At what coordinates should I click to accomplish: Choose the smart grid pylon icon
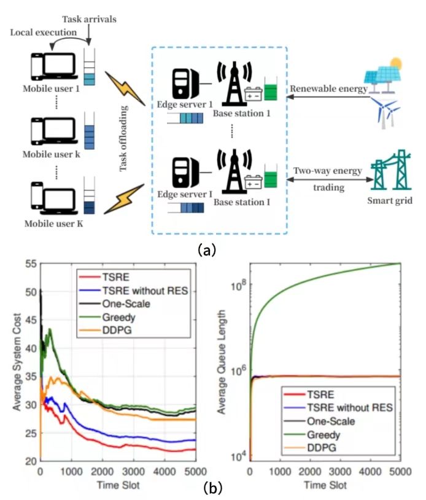[393, 170]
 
